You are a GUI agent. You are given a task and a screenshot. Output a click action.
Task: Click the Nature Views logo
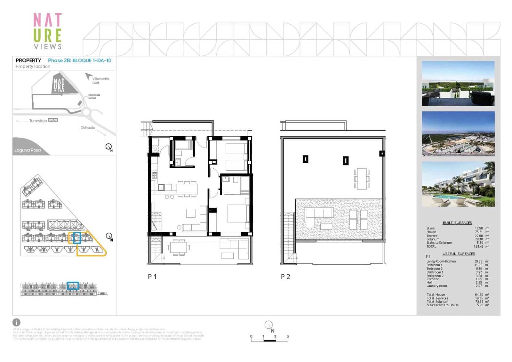pyautogui.click(x=47, y=31)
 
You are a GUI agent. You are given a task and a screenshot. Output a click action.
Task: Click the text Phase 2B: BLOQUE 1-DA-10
pyautogui.click(x=79, y=60)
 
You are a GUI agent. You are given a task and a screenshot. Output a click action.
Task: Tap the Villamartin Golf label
pyautogui.click(x=100, y=81)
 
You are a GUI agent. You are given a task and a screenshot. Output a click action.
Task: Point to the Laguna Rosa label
pyautogui.click(x=28, y=150)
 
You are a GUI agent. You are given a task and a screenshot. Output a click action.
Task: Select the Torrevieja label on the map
pyautogui.click(x=38, y=121)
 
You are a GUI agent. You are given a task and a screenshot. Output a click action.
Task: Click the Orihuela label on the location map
pyautogui.click(x=88, y=127)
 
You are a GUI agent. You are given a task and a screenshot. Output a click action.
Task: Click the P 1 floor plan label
pyautogui.click(x=152, y=277)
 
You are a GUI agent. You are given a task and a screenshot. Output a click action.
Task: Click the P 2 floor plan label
pyautogui.click(x=285, y=277)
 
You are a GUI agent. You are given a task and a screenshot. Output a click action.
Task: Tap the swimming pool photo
pyautogui.click(x=458, y=184)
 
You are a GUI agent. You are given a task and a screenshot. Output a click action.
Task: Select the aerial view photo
pyautogui.click(x=458, y=134)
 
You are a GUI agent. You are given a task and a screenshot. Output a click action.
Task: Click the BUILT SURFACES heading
pyautogui.click(x=457, y=223)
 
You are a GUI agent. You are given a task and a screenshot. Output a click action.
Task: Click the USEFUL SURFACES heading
pyautogui.click(x=459, y=253)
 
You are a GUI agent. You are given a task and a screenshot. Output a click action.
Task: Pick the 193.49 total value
pyautogui.click(x=479, y=246)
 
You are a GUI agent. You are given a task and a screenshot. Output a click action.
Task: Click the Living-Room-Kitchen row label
pyautogui.click(x=441, y=261)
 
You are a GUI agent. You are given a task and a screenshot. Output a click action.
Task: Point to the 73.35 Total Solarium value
pyautogui.click(x=479, y=302)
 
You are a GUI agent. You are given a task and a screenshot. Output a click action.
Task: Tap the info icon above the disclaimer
pyautogui.click(x=16, y=322)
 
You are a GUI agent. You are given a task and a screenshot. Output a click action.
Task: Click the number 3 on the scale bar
pyautogui.click(x=288, y=336)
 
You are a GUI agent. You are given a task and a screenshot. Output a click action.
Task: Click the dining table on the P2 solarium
pyautogui.click(x=362, y=179)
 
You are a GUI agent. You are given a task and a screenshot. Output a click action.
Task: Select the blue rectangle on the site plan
pyautogui.click(x=76, y=238)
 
